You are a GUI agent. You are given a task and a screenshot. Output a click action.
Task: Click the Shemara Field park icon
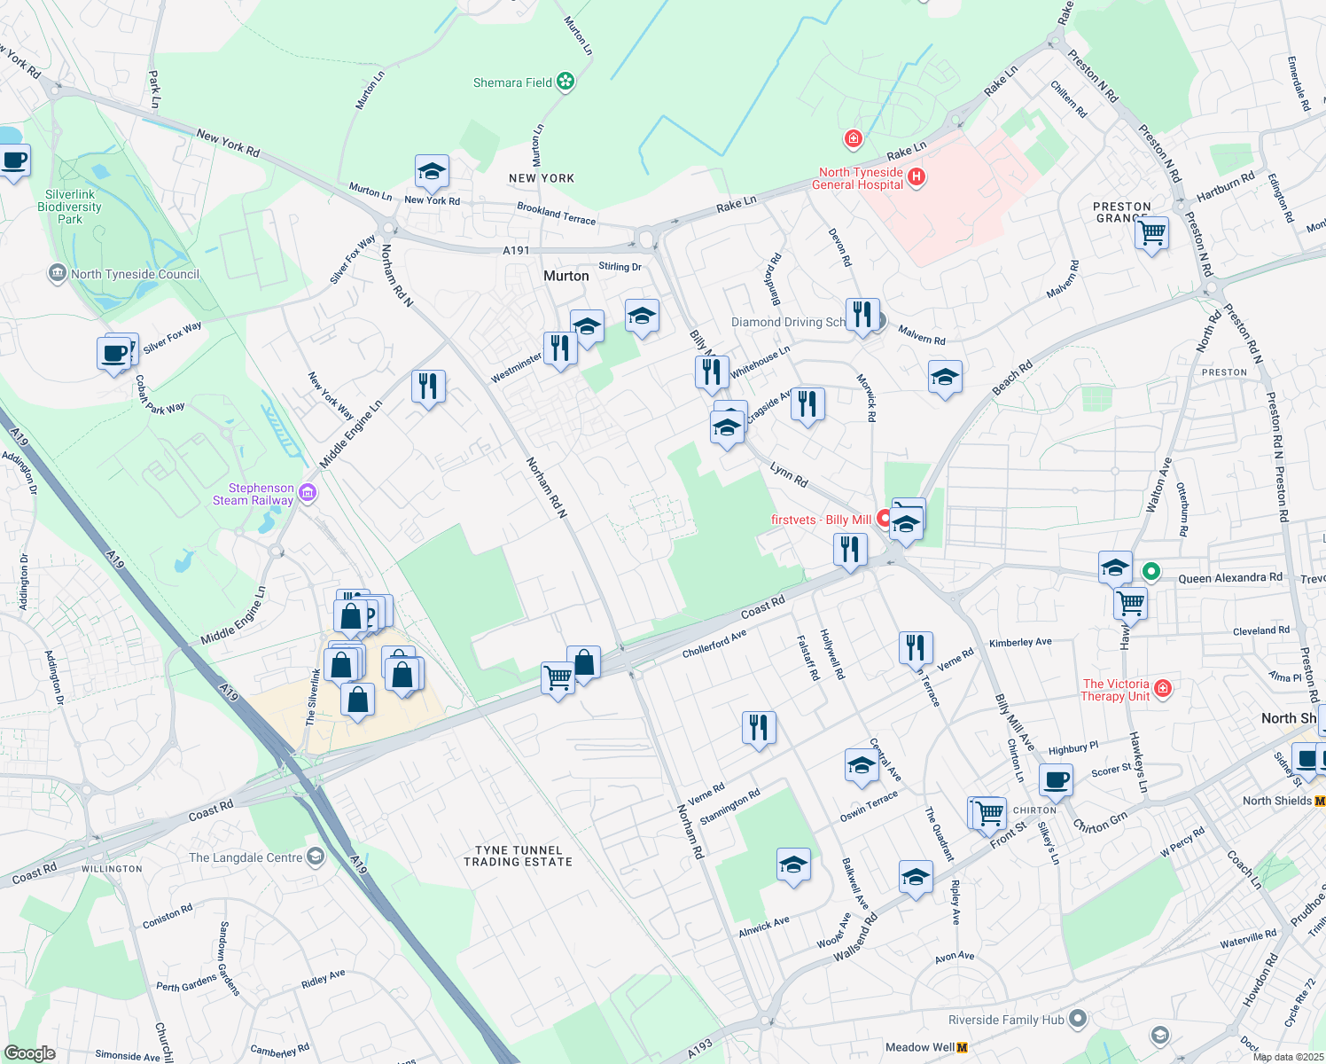pyautogui.click(x=565, y=82)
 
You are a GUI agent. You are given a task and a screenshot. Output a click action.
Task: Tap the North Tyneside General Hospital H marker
pyautogui.click(x=916, y=177)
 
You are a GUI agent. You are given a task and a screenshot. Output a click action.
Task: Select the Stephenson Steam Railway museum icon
pyautogui.click(x=308, y=493)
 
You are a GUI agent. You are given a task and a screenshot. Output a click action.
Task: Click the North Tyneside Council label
pyautogui.click(x=135, y=274)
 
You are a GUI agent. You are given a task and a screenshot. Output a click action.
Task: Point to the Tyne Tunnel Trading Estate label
pyautogui.click(x=518, y=856)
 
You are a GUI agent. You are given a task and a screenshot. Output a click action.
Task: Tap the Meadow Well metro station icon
pyautogui.click(x=963, y=1047)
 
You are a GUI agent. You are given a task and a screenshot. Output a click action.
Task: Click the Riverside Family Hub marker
pyautogui.click(x=1078, y=1020)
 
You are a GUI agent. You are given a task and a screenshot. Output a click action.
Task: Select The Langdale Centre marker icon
pyautogui.click(x=316, y=857)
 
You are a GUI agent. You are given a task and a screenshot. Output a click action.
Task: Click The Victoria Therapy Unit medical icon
pyautogui.click(x=1163, y=689)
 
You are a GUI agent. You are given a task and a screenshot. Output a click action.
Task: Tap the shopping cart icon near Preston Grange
pyautogui.click(x=1151, y=233)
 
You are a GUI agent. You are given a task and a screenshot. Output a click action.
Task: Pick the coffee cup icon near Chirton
pyautogui.click(x=1055, y=780)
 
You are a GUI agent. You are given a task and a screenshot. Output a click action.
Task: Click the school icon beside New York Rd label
pyautogui.click(x=432, y=172)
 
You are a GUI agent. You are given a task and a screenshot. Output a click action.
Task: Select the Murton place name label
pyautogui.click(x=565, y=276)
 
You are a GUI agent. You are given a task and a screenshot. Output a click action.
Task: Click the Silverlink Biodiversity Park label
pyautogui.click(x=69, y=207)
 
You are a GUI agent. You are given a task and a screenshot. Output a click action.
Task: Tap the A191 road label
pyautogui.click(x=516, y=251)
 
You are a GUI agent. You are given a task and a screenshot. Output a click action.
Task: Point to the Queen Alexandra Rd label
pyautogui.click(x=1229, y=578)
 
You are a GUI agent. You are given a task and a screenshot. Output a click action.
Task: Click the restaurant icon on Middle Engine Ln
pyautogui.click(x=428, y=387)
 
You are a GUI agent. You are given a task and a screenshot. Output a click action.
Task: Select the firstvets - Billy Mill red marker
pyautogui.click(x=884, y=518)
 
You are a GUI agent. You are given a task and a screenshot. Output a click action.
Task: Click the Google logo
pyautogui.click(x=29, y=1052)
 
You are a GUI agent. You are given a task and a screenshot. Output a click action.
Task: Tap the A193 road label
pyautogui.click(x=699, y=1048)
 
